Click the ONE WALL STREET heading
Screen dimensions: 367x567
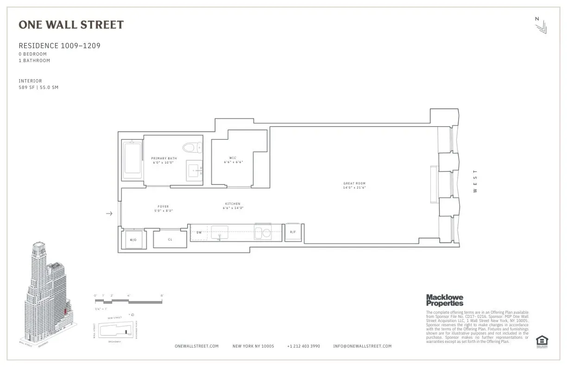[71, 25]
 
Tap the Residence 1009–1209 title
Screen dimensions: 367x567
[59, 46]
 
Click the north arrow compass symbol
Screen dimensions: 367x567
[540, 25]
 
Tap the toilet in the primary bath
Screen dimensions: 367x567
[191, 148]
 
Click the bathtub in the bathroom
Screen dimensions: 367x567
[132, 160]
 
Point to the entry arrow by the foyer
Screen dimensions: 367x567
[109, 214]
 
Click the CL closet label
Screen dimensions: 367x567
[170, 240]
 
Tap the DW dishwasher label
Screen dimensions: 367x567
[199, 232]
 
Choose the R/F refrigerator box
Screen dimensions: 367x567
[293, 232]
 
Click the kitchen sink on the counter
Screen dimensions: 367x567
[220, 232]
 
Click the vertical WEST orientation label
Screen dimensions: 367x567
[475, 181]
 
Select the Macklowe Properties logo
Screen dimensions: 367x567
[444, 300]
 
